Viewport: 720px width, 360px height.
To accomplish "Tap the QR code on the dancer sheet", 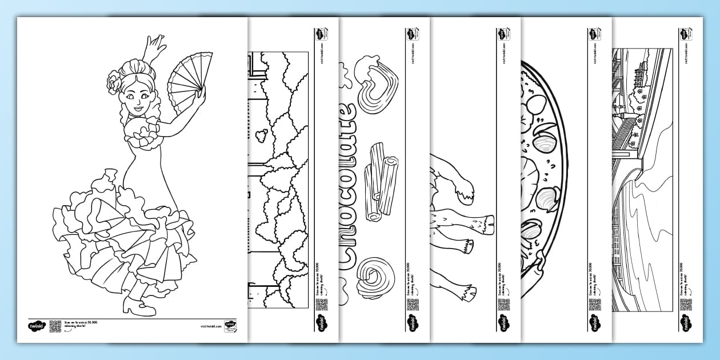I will [55, 326].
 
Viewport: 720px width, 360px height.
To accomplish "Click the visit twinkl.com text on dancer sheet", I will [210, 326].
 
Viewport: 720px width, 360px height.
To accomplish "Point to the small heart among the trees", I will [261, 135].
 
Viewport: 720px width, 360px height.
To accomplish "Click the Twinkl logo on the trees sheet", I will [321, 323].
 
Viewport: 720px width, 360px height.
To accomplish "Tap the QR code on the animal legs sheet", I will [503, 304].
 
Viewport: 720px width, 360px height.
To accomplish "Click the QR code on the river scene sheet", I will [685, 304].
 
